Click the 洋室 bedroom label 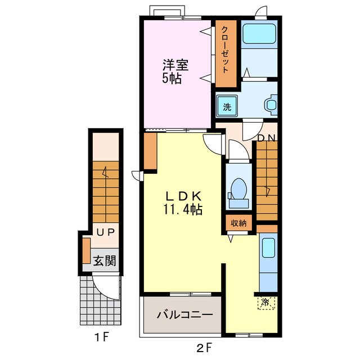pyautogui.click(x=175, y=65)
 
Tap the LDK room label pyautogui.click(x=183, y=196)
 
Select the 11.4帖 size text pyautogui.click(x=183, y=209)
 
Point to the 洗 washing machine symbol pyautogui.click(x=227, y=106)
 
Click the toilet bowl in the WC pyautogui.click(x=238, y=189)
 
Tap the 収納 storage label pyautogui.click(x=238, y=223)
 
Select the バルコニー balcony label pyautogui.click(x=185, y=315)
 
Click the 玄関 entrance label pyautogui.click(x=105, y=260)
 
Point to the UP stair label pyautogui.click(x=105, y=233)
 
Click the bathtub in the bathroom pyautogui.click(x=259, y=34)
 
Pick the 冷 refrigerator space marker pyautogui.click(x=266, y=303)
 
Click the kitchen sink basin pyautogui.click(x=268, y=247)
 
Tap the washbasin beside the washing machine pyautogui.click(x=271, y=105)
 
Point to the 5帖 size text pyautogui.click(x=172, y=79)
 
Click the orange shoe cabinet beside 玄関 pyautogui.click(x=86, y=251)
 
